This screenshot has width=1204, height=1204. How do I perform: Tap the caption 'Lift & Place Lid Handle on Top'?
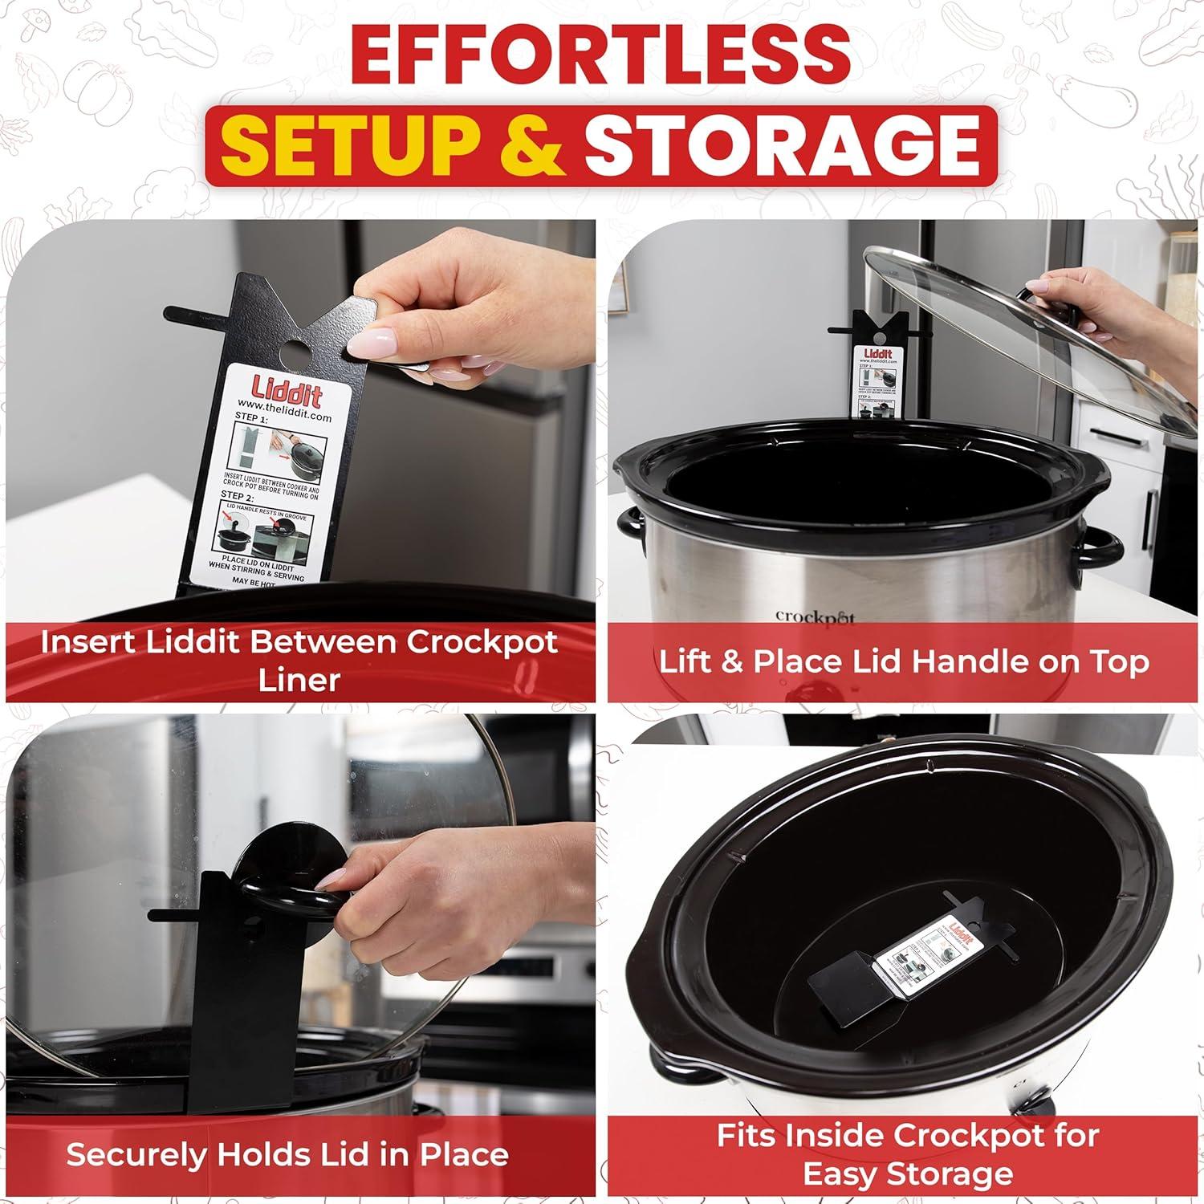coord(904,662)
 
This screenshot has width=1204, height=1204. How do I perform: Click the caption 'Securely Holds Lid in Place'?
coord(287,1154)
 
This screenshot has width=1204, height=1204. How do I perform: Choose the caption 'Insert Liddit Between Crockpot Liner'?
coord(299,661)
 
